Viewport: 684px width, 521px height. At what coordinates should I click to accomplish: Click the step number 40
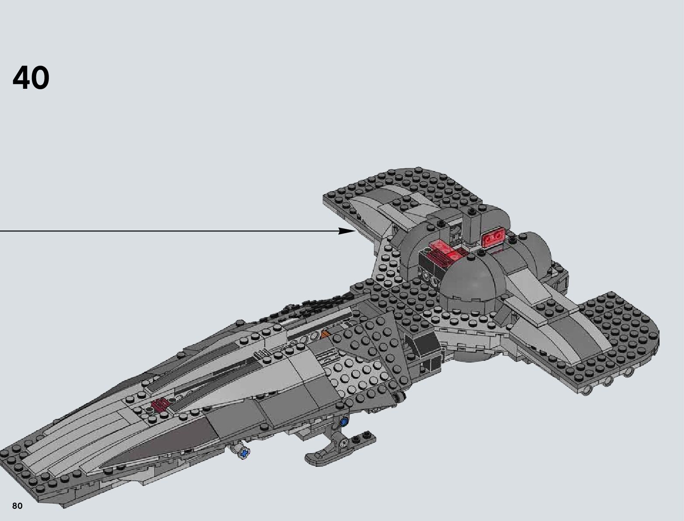[31, 78]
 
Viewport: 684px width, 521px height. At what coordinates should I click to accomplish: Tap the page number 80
[17, 506]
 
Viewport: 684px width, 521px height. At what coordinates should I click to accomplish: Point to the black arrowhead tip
[356, 231]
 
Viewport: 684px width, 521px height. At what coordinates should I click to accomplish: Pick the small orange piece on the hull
[325, 335]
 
